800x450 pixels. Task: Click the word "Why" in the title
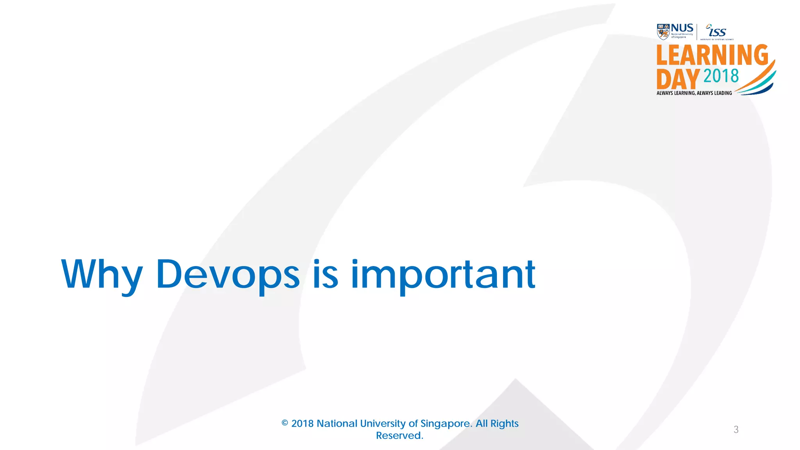102,275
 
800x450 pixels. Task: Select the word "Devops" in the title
228,275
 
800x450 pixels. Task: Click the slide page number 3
736,430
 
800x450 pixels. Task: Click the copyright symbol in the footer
285,423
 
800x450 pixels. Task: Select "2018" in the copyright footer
302,423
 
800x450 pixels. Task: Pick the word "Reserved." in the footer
400,436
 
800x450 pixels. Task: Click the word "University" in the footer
382,423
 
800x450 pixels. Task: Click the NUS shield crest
663,32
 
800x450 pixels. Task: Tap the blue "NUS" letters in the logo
682,28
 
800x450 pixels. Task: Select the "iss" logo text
717,32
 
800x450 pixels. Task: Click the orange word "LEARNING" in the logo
712,55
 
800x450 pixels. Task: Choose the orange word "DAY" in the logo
678,79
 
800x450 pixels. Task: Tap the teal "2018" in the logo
721,76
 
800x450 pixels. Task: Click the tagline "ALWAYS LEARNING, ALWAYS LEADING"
694,93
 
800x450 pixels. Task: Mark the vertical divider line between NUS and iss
697,32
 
